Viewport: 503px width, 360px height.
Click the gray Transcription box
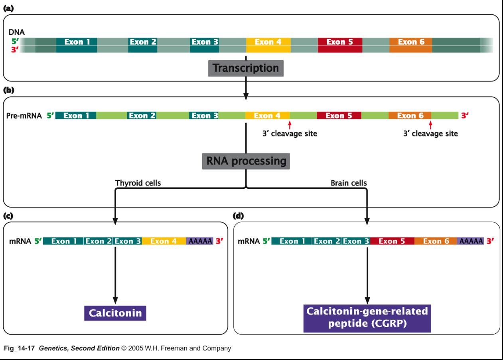(x=246, y=68)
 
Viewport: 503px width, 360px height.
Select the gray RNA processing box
(x=246, y=161)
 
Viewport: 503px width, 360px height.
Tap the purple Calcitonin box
(x=115, y=313)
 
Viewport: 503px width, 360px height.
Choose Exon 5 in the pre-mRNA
(x=339, y=116)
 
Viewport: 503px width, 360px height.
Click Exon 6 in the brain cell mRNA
(x=436, y=241)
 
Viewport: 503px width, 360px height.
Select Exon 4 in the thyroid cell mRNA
(x=164, y=241)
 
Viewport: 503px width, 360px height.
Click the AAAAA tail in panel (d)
(x=471, y=241)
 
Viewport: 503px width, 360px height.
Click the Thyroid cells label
(x=135, y=182)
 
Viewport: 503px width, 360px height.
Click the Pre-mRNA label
(x=25, y=116)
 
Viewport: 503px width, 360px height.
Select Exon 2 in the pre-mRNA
(x=142, y=116)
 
